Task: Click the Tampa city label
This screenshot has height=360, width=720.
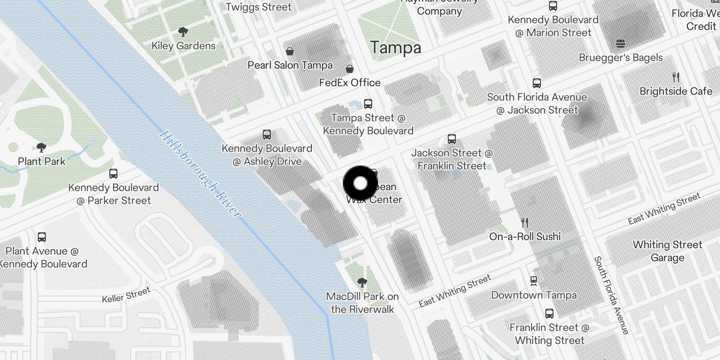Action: [x=396, y=48]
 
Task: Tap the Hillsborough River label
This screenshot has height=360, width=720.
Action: [x=200, y=174]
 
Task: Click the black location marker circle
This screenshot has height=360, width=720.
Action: [x=360, y=183]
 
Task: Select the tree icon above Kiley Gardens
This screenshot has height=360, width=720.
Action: [x=183, y=32]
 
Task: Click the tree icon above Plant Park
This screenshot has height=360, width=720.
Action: [x=41, y=147]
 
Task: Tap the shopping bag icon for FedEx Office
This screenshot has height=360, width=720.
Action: [x=350, y=69]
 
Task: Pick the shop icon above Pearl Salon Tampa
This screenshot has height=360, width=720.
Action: [x=290, y=51]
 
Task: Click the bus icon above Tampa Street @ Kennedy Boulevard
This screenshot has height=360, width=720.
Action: [x=368, y=104]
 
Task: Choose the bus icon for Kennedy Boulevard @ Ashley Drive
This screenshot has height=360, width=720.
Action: [x=267, y=135]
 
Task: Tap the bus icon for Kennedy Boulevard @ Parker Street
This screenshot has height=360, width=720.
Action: [x=113, y=174]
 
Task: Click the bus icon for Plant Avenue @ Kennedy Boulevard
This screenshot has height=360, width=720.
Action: [x=42, y=237]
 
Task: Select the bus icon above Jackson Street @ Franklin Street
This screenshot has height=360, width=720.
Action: [x=452, y=139]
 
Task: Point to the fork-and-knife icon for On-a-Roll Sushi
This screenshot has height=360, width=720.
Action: [x=525, y=222]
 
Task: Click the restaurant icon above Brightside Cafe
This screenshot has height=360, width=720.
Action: [x=675, y=77]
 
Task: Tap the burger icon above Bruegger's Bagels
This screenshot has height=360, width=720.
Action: [x=621, y=44]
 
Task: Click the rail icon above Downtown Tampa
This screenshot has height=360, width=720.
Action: [x=534, y=281]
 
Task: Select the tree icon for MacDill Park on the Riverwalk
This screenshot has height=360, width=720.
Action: [x=362, y=283]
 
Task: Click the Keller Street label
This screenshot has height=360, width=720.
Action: [x=126, y=295]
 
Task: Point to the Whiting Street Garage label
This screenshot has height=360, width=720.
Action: [x=667, y=251]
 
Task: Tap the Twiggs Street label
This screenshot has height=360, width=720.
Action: [x=259, y=7]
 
